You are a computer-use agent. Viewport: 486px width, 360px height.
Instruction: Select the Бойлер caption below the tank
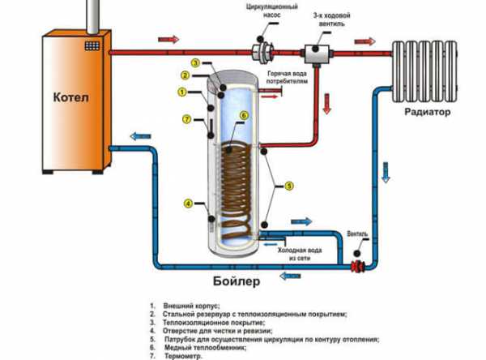[237, 282]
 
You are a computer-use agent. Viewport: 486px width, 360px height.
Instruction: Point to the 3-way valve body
[313, 51]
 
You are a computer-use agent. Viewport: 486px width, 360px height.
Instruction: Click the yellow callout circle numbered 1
[182, 91]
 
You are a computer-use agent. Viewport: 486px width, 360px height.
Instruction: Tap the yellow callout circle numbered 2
[185, 75]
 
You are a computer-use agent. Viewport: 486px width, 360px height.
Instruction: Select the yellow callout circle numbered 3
[195, 62]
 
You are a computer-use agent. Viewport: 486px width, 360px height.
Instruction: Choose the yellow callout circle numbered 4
[188, 203]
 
